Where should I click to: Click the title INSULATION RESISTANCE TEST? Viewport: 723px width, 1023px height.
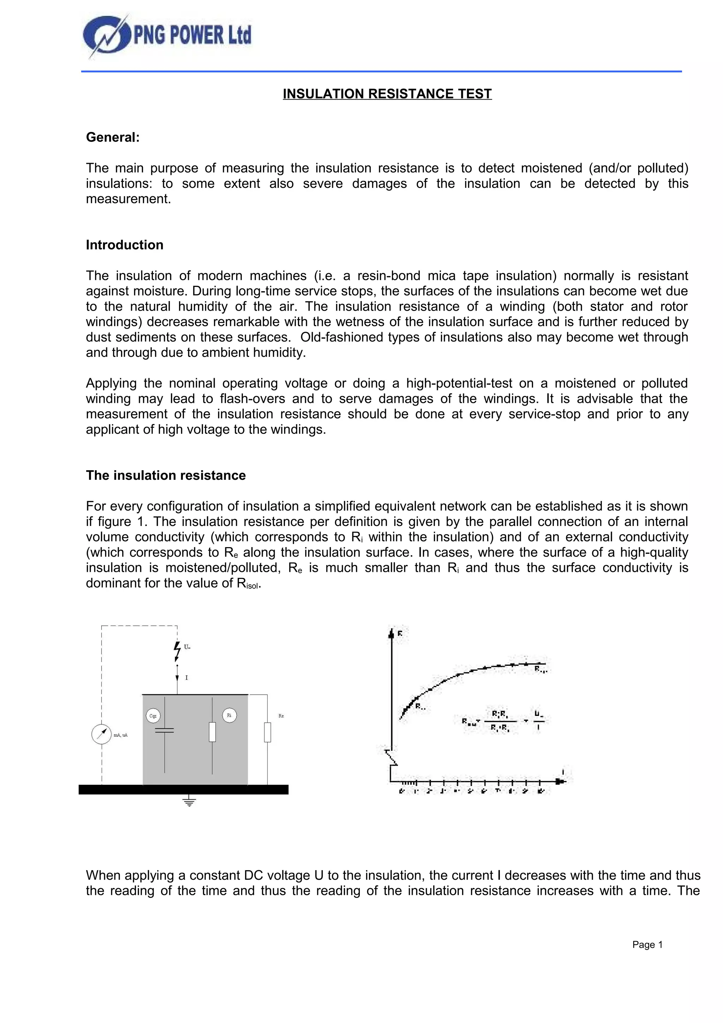pos(387,94)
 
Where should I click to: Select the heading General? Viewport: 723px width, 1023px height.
pos(113,137)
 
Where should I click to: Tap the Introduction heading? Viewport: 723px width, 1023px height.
pos(125,245)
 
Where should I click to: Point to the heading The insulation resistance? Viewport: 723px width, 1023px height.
pos(166,475)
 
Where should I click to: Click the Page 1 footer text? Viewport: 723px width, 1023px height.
pos(647,945)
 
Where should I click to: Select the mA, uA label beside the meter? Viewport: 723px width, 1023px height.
pos(121,735)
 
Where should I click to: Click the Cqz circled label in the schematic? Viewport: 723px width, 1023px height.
pos(153,716)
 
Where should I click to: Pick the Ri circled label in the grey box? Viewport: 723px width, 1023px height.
pos(229,716)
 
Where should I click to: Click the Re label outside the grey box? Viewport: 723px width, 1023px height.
pos(281,716)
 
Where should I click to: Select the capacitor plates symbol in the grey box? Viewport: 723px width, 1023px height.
pos(165,731)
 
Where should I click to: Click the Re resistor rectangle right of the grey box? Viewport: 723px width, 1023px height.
pos(267,733)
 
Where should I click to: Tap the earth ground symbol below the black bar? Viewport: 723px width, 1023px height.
pos(189,802)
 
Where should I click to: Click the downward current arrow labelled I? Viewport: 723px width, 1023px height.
pos(177,678)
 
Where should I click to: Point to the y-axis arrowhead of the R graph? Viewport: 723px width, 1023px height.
pos(391,634)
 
